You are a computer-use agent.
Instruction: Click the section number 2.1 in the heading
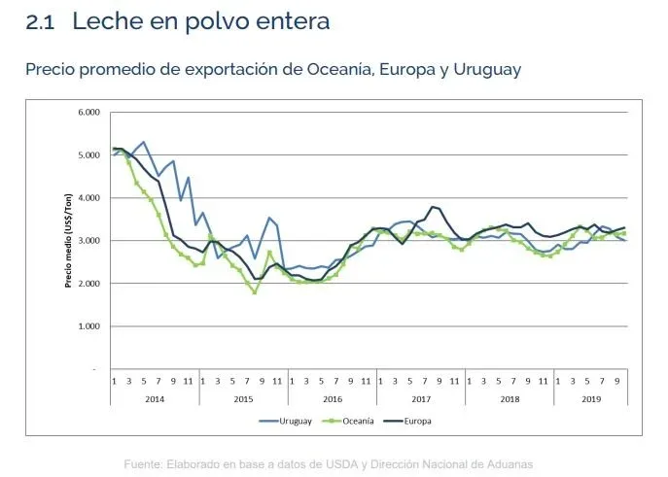pos(42,20)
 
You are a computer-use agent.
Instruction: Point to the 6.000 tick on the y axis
pos(88,113)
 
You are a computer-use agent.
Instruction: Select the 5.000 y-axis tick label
pos(88,155)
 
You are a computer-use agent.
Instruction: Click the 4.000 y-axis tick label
pos(88,198)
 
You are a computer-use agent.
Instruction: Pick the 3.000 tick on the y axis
pos(88,241)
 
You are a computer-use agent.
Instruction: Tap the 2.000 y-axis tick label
pos(88,284)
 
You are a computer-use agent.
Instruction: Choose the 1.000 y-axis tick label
pos(88,326)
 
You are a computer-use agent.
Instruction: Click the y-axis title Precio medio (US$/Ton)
pos(69,240)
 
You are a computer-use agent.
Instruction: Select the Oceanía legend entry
pos(358,421)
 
